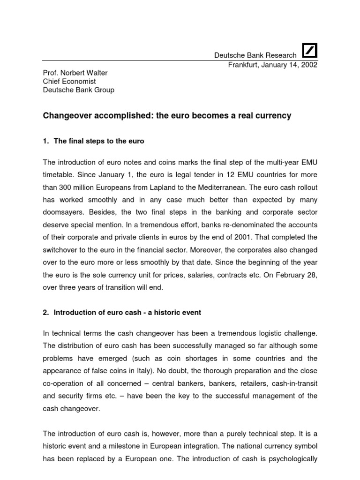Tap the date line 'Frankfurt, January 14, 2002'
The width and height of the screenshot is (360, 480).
point(273,65)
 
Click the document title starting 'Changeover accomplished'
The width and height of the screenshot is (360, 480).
point(167,115)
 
